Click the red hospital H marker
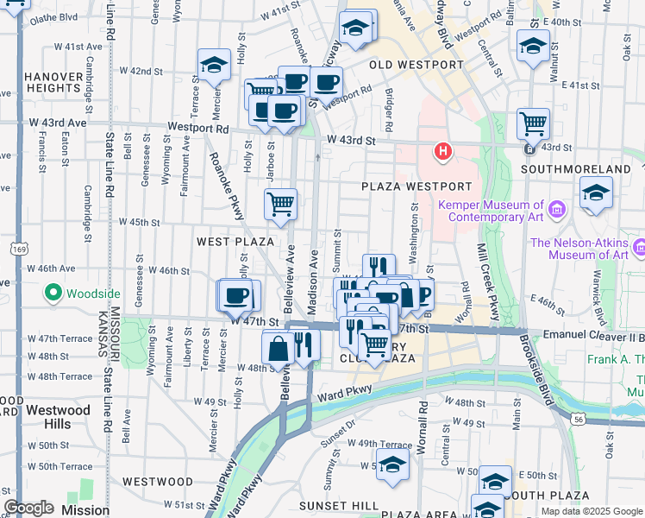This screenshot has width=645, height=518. [443, 153]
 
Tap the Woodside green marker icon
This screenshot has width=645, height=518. [53, 294]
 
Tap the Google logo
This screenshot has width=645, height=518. [28, 508]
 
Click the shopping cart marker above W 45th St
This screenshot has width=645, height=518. [280, 205]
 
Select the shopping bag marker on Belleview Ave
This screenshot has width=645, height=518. [279, 349]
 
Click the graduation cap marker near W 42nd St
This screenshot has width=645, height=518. [214, 65]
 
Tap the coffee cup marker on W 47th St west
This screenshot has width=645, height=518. [237, 296]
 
